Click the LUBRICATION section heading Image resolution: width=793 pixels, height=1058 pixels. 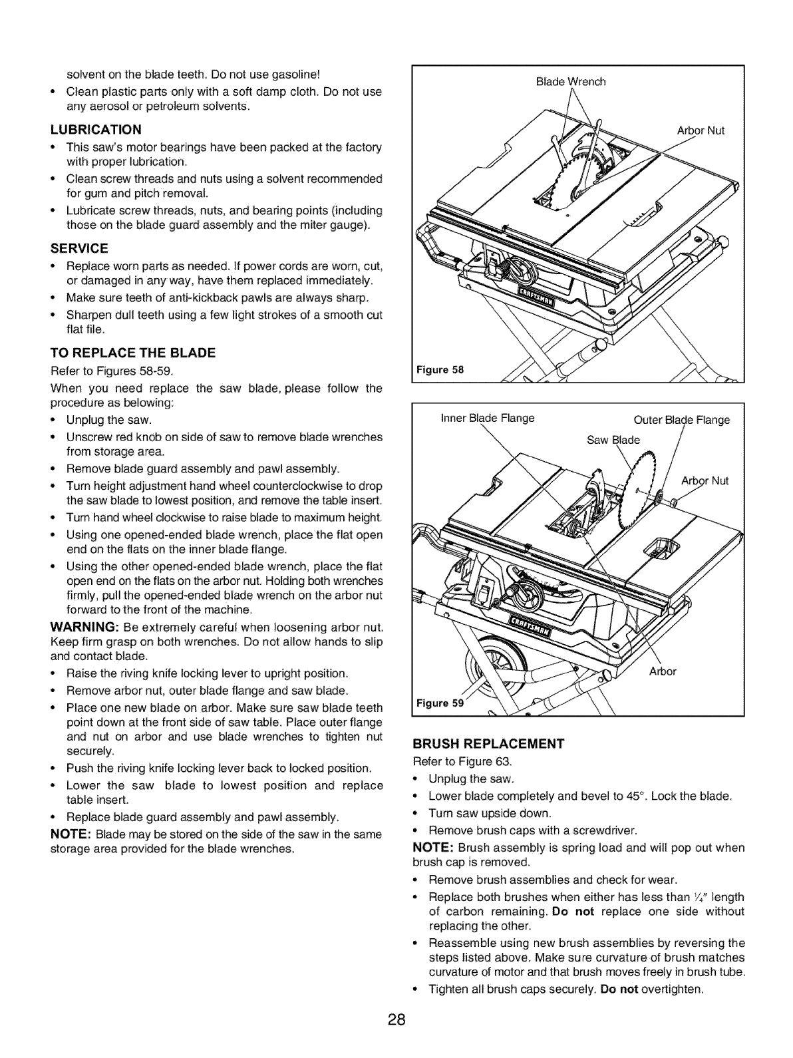click(96, 128)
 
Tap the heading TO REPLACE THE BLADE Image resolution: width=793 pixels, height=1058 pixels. click(133, 353)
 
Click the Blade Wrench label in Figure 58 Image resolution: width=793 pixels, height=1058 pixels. click(571, 82)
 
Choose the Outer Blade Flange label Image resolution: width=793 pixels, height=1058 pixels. click(682, 420)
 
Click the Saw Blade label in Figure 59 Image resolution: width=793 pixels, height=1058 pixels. click(612, 440)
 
